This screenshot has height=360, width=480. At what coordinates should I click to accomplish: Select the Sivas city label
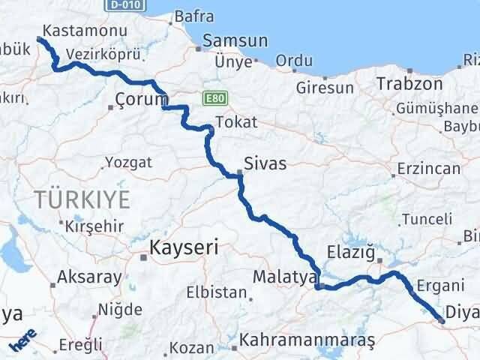266,163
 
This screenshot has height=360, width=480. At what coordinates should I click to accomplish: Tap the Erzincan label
429,169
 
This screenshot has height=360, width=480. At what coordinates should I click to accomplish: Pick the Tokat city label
235,122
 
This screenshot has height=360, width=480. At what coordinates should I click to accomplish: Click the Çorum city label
140,99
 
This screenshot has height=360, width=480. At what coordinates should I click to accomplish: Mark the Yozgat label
128,162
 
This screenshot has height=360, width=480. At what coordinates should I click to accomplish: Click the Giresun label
325,88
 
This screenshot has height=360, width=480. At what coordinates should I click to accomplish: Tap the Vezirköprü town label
93,55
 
